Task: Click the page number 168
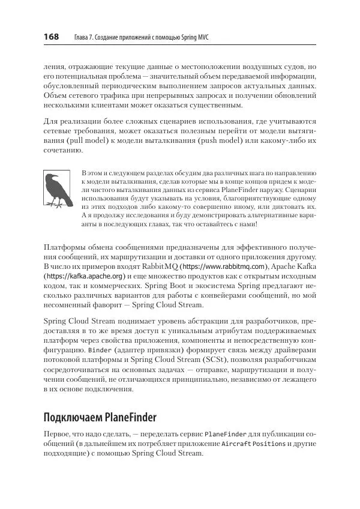click(50, 37)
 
